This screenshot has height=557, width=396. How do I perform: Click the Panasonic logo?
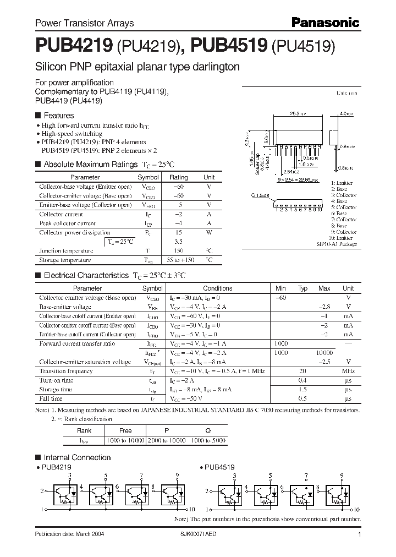tap(324, 23)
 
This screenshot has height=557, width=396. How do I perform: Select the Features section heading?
tap(58, 116)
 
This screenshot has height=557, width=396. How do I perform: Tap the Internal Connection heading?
tap(77, 457)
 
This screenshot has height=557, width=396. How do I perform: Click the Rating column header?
tap(178, 177)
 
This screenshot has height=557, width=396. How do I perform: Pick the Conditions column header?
tap(217, 288)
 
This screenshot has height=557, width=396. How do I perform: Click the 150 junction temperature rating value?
tap(178, 251)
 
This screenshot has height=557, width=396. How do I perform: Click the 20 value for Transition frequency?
tap(302, 372)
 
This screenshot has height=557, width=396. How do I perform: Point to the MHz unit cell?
tap(348, 372)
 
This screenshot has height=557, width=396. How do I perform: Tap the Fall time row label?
tap(51, 398)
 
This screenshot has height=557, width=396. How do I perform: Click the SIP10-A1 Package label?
tap(336, 244)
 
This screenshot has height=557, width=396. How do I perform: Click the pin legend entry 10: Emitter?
tap(341, 238)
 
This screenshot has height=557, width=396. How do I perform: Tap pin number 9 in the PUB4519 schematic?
tap(342, 475)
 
